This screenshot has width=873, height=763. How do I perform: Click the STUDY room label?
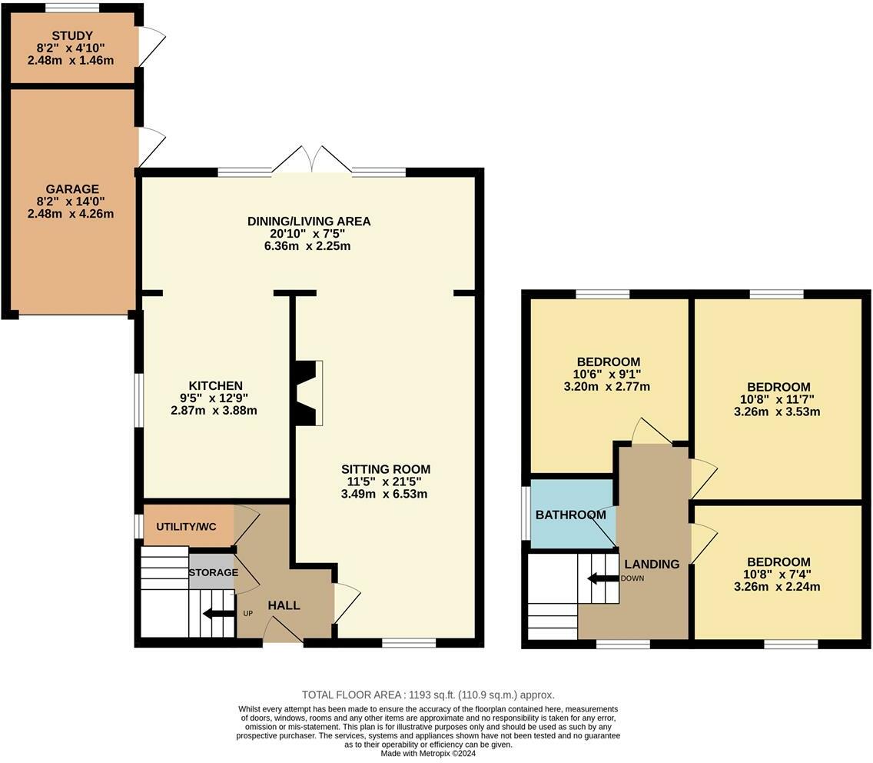point(72,35)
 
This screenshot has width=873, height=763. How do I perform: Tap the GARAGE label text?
point(72,189)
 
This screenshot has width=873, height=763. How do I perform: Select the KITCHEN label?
point(215,385)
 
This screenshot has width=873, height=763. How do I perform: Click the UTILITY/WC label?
point(186,527)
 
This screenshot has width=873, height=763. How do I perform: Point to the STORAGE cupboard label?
point(213,572)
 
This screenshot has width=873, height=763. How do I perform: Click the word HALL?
point(284,605)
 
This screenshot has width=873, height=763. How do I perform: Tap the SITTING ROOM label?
point(386,469)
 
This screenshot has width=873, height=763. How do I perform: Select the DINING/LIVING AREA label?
point(309,222)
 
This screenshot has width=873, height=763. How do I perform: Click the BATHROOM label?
point(571,515)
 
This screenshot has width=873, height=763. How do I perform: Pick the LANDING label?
point(652,564)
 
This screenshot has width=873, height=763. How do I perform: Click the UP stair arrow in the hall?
point(218,615)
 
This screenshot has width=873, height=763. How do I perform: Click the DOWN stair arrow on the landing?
point(603,578)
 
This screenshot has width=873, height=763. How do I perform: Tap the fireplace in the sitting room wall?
point(308,394)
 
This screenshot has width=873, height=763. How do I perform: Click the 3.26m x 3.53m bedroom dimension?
point(777,411)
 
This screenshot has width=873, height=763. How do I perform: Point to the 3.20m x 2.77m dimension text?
point(607,386)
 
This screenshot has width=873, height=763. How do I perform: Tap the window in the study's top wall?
point(72,8)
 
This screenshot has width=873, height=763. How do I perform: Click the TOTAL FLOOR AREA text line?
point(428,695)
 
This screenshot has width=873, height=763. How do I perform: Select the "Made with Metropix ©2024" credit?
point(428,754)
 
